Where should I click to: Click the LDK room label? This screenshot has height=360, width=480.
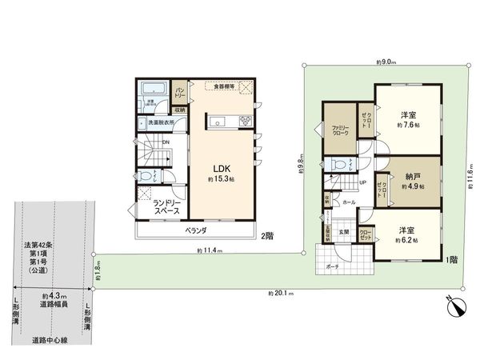tap(222, 168)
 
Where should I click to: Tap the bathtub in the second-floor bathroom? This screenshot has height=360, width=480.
tap(152, 88)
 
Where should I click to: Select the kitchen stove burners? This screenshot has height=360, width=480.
tap(245, 122)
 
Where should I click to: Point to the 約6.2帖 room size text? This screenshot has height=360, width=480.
tap(409, 238)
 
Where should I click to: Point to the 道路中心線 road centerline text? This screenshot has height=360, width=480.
tap(50, 340)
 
